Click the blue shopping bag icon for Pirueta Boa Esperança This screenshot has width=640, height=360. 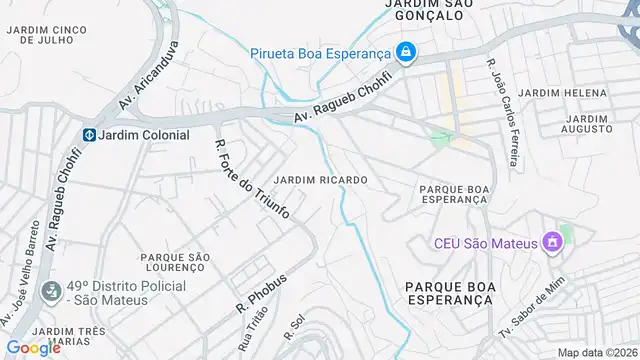[x=405, y=52]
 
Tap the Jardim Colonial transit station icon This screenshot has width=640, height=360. [x=88, y=135]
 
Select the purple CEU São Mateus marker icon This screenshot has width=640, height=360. [x=549, y=243]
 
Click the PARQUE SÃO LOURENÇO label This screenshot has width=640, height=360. [x=175, y=263]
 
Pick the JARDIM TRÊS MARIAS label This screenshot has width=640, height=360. [x=55, y=336]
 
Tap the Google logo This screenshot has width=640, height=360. [x=34, y=348]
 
